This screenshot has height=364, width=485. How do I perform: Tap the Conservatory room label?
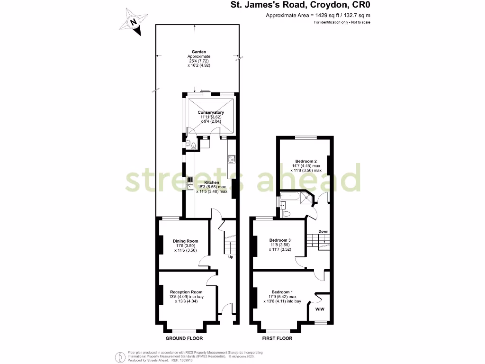211,112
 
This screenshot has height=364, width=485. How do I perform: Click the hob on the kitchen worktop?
232,159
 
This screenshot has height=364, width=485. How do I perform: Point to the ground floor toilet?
193,146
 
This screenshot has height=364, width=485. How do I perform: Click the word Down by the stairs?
323,232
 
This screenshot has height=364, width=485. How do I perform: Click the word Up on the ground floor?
231,257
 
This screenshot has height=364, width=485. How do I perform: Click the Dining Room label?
186,241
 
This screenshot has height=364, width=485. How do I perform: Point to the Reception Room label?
186,292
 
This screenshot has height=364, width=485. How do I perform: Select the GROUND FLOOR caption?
184,338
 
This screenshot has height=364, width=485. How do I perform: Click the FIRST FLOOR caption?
277,338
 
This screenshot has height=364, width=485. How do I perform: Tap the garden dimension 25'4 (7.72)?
198,61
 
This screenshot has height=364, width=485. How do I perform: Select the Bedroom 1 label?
282,291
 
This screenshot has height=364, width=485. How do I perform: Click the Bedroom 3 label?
280,240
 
